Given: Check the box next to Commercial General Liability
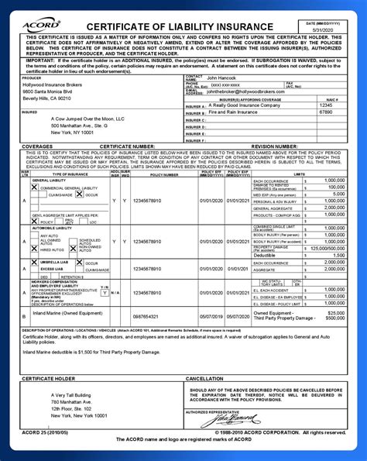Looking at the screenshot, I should [34, 187].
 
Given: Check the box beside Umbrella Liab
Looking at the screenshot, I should [34, 263].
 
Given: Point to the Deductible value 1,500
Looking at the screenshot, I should [337, 255].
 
